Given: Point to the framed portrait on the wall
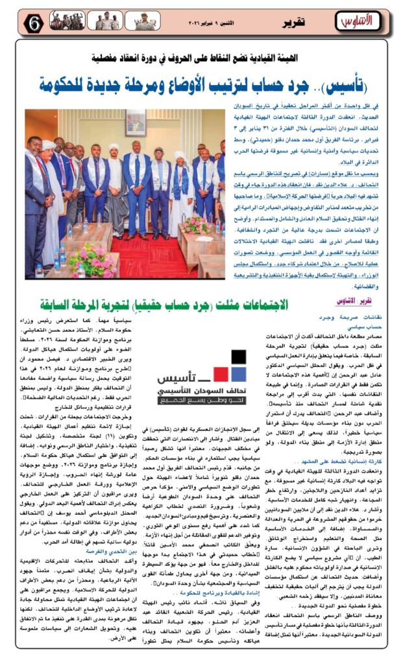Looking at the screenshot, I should pyautogui.click(x=136, y=123).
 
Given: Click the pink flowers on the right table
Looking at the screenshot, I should pyautogui.click(x=196, y=224).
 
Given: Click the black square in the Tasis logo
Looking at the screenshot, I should pyautogui.click(x=238, y=357).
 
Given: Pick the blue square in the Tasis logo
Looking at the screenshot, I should pyautogui.click(x=239, y=374).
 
